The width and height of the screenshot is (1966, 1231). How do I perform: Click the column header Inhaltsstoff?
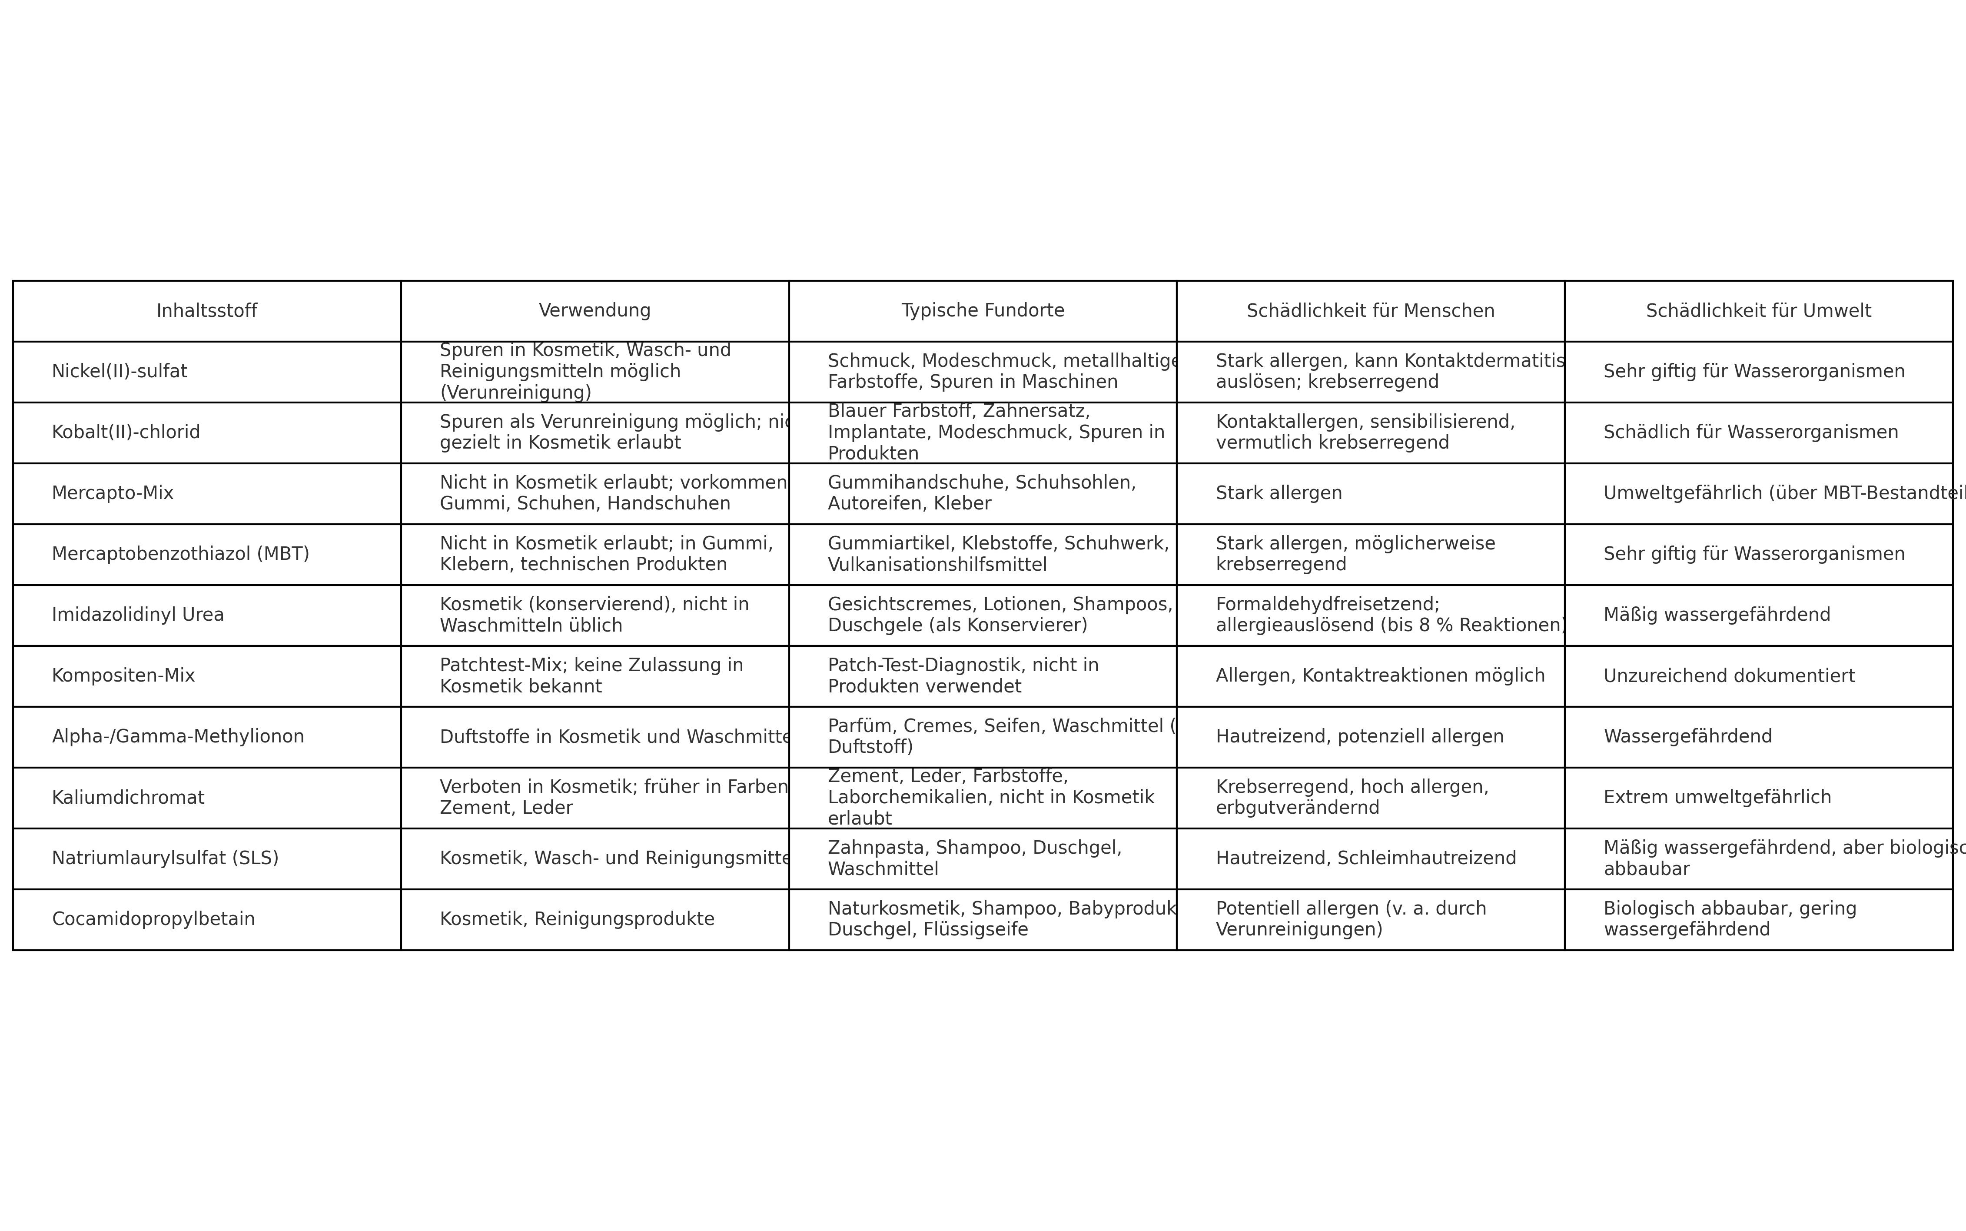(207, 311)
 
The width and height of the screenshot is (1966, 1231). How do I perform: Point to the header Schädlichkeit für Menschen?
(1370, 311)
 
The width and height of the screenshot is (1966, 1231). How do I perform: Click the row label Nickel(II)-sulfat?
(120, 371)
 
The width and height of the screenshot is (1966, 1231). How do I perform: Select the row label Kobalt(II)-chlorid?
(126, 433)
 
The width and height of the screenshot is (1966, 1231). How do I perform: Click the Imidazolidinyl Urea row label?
(138, 615)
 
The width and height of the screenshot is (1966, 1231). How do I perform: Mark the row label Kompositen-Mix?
(124, 676)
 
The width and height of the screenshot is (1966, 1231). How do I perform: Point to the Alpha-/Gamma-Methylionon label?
(178, 737)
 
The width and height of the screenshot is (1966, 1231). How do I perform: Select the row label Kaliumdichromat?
(129, 798)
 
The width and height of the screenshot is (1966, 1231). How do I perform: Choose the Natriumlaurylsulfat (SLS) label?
(165, 858)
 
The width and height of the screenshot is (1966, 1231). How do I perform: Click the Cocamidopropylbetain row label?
(154, 919)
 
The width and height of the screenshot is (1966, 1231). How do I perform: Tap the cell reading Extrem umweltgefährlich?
(1717, 798)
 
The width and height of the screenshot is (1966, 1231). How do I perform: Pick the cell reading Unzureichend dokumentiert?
(1729, 676)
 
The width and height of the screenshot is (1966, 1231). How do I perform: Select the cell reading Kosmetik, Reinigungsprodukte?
(577, 919)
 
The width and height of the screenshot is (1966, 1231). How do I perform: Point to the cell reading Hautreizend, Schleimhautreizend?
(1365, 858)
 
